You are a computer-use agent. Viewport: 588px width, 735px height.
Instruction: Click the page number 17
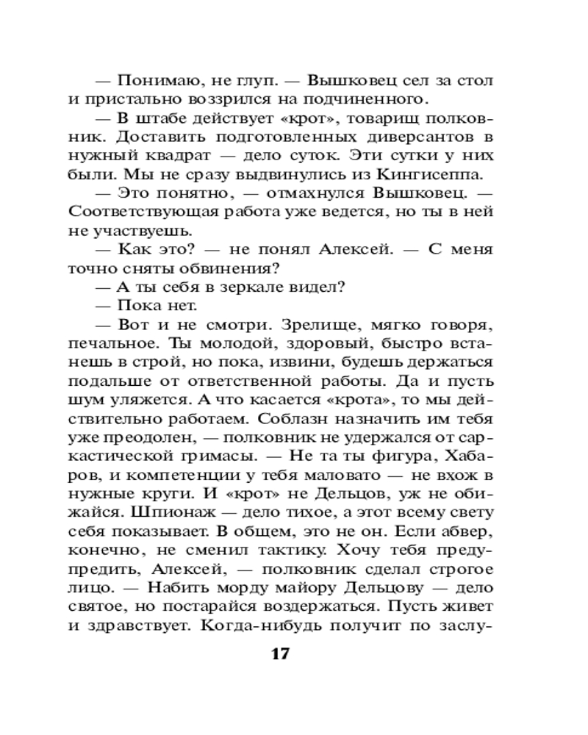click(x=281, y=654)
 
